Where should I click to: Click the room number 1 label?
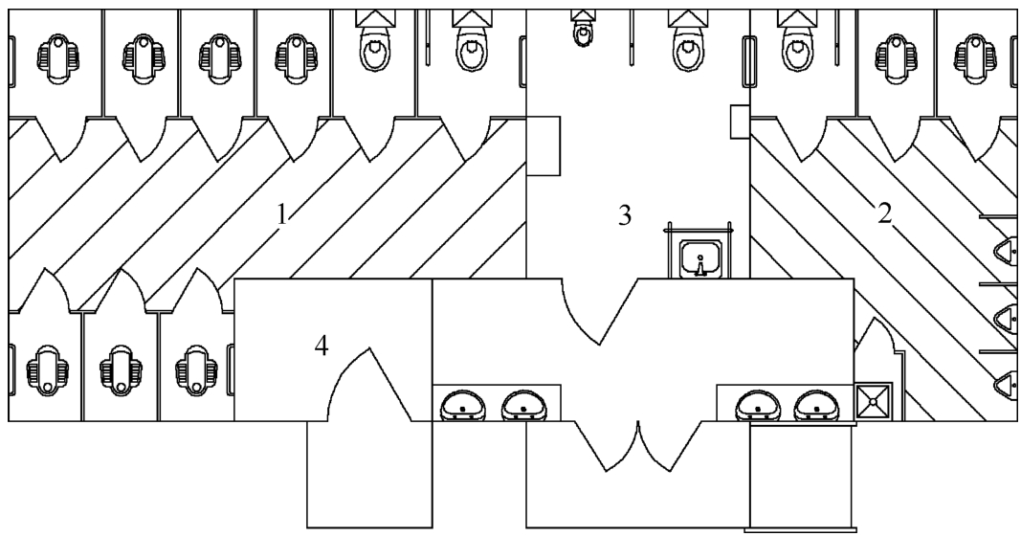pos(281,215)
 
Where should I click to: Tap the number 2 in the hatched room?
pos(884,213)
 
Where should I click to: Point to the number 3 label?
pos(625,215)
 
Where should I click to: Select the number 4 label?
pos(321,346)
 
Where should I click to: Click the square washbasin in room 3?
pos(700,257)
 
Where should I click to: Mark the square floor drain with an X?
pos(873,402)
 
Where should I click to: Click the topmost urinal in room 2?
pos(1007,251)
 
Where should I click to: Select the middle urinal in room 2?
pos(1007,318)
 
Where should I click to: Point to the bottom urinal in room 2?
pos(1007,384)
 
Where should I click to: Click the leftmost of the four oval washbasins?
pos(463,406)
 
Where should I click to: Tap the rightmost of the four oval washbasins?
pos(816,406)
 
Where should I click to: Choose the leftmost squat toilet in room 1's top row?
pos(58,59)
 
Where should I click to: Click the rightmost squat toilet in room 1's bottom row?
pos(196,369)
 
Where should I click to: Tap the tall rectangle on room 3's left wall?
pos(544,145)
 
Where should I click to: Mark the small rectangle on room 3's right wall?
pos(740,122)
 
